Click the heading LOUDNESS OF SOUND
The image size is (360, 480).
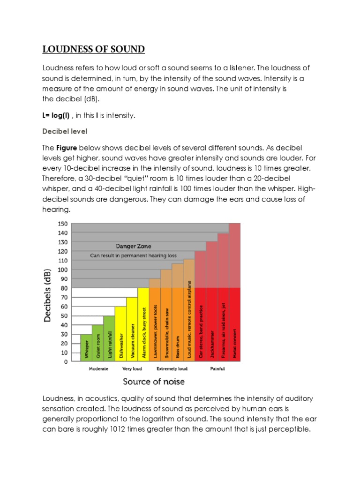coord(94,49)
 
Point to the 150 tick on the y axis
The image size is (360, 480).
coord(63,224)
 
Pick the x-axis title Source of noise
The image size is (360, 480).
coord(153,382)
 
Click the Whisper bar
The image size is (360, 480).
coord(86,348)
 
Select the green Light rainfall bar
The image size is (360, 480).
coord(109,338)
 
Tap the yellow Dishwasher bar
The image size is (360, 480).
coord(120,334)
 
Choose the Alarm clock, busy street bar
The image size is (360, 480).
coord(143,324)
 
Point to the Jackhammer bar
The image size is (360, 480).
coord(212,323)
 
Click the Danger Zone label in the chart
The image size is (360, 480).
coord(134,246)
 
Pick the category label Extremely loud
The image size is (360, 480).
coord(172,369)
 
